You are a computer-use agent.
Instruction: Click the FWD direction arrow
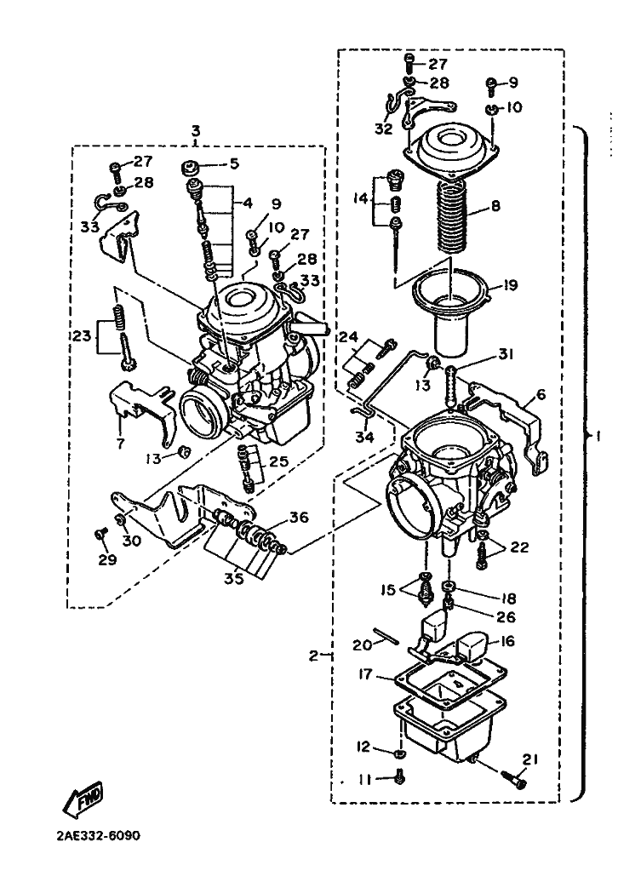click(x=82, y=799)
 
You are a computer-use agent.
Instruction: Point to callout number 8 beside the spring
click(x=495, y=205)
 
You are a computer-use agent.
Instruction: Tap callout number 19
click(x=510, y=285)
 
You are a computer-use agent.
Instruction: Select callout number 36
click(x=299, y=517)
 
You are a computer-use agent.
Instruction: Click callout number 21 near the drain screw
click(x=529, y=760)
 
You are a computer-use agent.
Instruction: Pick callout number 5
click(x=234, y=163)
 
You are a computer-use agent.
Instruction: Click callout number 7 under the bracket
click(x=120, y=444)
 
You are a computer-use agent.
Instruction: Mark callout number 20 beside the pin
click(x=363, y=644)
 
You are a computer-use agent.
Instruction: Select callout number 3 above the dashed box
click(x=195, y=132)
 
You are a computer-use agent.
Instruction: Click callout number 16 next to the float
click(x=507, y=641)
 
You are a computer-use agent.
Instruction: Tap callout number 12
click(x=363, y=747)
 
